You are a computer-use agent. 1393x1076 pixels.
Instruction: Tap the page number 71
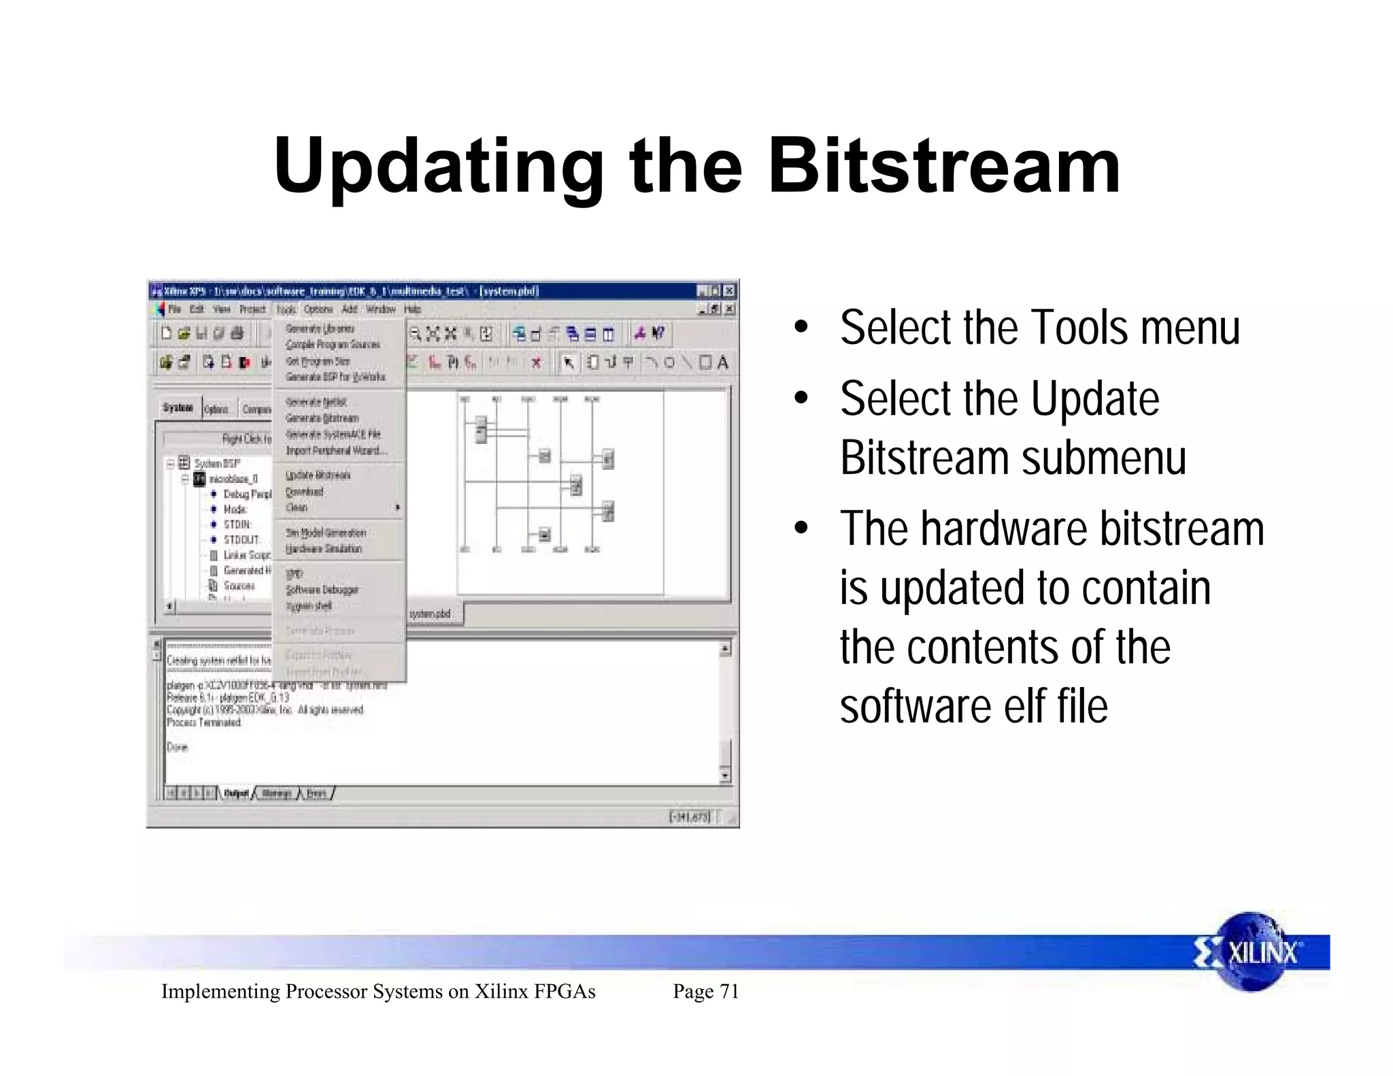(x=729, y=992)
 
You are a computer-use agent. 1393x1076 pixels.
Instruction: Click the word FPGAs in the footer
(x=565, y=992)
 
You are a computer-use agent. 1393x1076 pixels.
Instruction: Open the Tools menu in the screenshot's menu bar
(x=286, y=309)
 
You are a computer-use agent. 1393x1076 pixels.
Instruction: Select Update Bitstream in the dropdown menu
(x=318, y=475)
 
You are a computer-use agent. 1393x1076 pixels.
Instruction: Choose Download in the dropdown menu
(x=304, y=492)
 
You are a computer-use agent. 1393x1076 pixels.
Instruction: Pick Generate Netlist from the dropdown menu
(x=316, y=402)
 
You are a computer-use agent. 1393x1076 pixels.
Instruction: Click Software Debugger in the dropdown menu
(x=322, y=590)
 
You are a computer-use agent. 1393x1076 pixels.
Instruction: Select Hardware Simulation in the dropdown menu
(x=324, y=549)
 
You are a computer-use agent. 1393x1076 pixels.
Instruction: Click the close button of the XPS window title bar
(x=729, y=291)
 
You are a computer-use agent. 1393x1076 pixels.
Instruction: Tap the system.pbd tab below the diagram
(x=430, y=614)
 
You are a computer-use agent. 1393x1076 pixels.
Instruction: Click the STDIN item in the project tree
(x=237, y=524)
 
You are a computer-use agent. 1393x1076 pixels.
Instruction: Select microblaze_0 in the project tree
(x=233, y=479)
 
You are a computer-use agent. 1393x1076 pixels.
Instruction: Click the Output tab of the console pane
(x=235, y=794)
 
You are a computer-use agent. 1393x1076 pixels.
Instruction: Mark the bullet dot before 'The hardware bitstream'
(x=802, y=528)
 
